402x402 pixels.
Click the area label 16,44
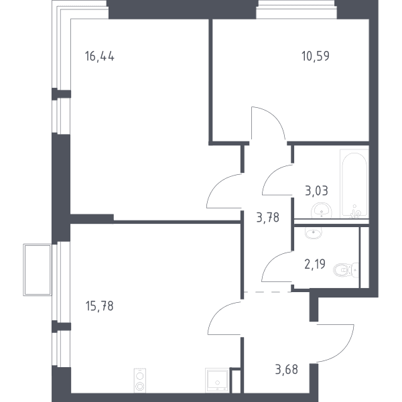click(99, 56)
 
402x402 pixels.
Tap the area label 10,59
click(316, 56)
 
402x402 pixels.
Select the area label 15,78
click(99, 306)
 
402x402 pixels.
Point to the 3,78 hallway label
click(267, 218)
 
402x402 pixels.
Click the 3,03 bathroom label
click(316, 191)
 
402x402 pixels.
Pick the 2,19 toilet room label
click(315, 264)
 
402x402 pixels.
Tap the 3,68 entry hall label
click(286, 370)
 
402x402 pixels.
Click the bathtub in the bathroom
click(354, 184)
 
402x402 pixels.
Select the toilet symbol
click(346, 270)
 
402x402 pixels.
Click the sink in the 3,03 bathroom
click(321, 210)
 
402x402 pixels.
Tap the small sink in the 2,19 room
click(314, 232)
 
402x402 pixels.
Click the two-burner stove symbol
click(140, 381)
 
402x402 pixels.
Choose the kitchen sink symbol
click(217, 380)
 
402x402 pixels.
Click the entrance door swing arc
click(345, 351)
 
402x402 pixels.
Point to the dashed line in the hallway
click(267, 291)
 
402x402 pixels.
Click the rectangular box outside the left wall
click(38, 270)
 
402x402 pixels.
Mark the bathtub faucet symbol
click(355, 212)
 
